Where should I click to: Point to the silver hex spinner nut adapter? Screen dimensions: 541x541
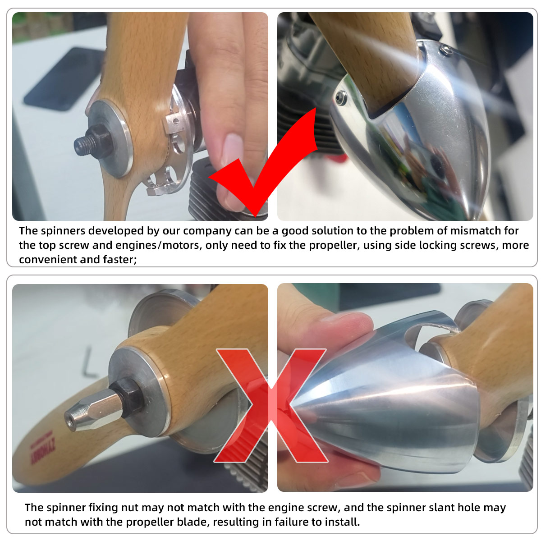(95, 409)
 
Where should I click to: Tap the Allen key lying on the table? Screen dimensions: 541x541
(90, 362)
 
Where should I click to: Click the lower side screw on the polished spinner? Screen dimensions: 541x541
(340, 98)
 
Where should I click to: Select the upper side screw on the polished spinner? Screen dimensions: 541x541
(445, 50)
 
